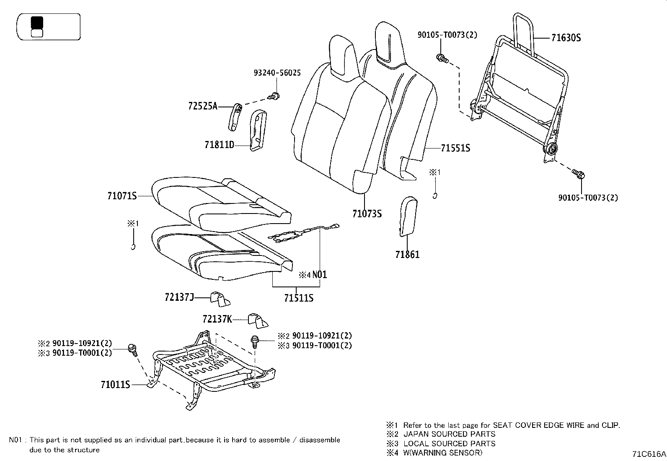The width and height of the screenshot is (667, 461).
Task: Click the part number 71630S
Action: tap(566, 38)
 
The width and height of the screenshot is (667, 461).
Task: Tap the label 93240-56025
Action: tap(277, 73)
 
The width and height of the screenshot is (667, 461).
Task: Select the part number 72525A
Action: tap(203, 106)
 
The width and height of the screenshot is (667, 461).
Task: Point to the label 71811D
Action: tap(219, 145)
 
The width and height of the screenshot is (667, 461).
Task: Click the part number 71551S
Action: tap(455, 148)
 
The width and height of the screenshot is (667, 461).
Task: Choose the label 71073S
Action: tap(367, 214)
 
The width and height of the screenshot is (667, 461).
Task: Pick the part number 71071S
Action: tap(122, 196)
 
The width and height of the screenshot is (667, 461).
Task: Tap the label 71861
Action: tap(407, 254)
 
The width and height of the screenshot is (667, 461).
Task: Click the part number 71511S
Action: tap(299, 298)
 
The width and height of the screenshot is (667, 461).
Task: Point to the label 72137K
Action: tap(217, 319)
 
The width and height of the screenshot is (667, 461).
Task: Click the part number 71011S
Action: tap(115, 384)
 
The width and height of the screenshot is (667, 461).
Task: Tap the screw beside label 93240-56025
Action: tap(275, 96)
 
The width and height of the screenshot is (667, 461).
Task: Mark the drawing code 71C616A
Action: tap(649, 454)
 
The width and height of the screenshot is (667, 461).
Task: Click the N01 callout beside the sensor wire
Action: tap(319, 275)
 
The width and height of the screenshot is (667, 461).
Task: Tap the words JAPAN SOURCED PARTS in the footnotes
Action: tap(449, 434)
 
